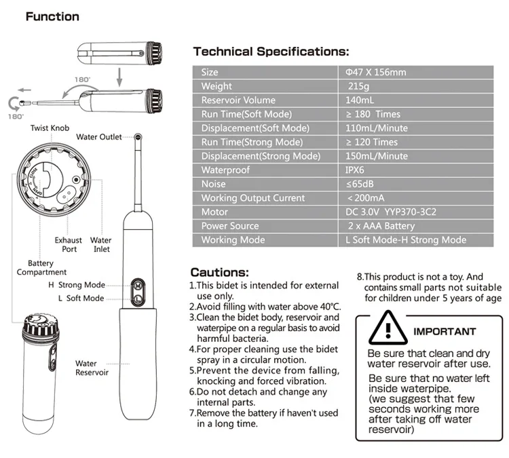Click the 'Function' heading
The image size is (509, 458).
point(52,16)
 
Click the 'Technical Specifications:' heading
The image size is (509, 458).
point(271,52)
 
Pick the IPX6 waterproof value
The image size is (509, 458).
point(355,170)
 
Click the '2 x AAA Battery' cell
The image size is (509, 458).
point(381,226)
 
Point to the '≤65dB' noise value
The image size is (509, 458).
point(360,184)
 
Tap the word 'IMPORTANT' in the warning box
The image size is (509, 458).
point(445,332)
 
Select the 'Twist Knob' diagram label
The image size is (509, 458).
point(50,128)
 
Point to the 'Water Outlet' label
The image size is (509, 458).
point(99,137)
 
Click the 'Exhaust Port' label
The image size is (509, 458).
point(69,244)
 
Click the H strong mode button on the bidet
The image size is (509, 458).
point(138,286)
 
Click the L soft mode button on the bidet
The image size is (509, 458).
point(138,299)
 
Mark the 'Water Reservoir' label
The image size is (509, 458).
point(92,368)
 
